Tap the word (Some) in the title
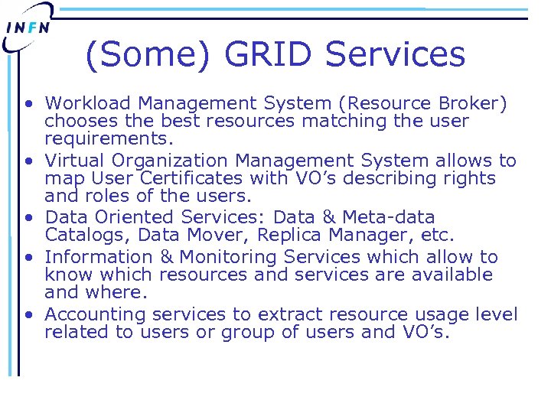click(x=149, y=55)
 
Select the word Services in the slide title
click(x=396, y=55)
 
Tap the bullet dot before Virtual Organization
click(x=28, y=161)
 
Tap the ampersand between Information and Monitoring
click(x=166, y=257)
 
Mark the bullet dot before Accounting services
click(x=28, y=315)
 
